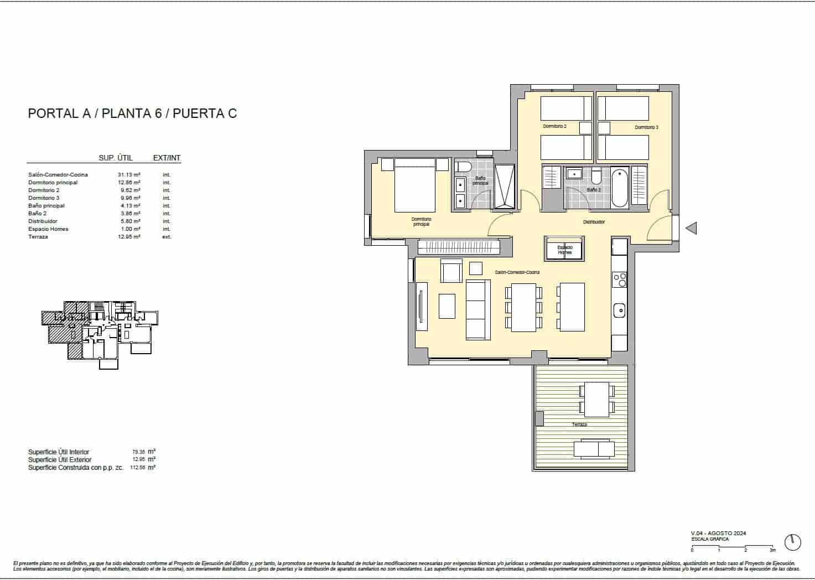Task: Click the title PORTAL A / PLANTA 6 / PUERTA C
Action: (x=132, y=113)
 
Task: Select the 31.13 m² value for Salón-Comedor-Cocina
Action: (x=129, y=175)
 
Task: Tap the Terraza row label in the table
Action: (x=38, y=237)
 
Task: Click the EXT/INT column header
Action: (x=167, y=158)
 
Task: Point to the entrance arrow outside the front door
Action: (x=691, y=228)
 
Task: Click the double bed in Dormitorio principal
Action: (x=415, y=185)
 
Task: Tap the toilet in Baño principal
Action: (x=463, y=167)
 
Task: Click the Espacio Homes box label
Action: (x=564, y=250)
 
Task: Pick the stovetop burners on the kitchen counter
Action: (x=620, y=279)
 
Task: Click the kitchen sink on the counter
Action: (x=619, y=310)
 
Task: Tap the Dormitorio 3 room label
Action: (x=646, y=127)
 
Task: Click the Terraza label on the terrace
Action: (x=579, y=424)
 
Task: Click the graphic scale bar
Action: (x=733, y=547)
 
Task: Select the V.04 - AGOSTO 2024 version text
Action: (x=718, y=533)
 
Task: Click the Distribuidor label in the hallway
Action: (x=594, y=222)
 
